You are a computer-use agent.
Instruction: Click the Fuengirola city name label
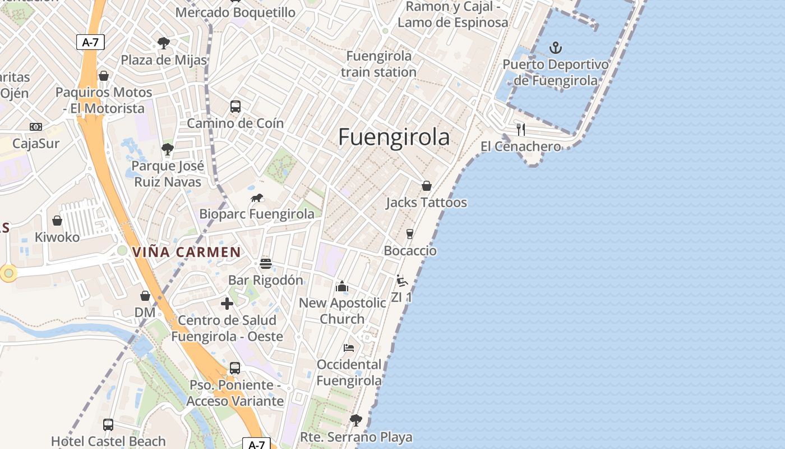click(394, 137)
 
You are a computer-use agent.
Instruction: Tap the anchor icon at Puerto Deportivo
click(556, 47)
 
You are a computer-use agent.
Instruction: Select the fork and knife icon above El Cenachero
click(521, 130)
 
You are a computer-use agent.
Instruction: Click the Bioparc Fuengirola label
click(257, 214)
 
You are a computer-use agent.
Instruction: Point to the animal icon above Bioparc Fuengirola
click(257, 198)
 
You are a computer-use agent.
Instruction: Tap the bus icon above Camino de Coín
click(235, 106)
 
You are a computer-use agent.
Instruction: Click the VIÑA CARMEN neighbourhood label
click(187, 252)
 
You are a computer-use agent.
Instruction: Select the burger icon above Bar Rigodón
click(266, 263)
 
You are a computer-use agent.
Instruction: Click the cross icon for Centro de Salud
click(227, 304)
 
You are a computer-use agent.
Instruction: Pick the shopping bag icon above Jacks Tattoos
click(427, 186)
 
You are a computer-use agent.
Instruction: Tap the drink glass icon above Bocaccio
click(410, 233)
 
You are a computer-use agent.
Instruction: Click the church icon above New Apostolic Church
click(342, 287)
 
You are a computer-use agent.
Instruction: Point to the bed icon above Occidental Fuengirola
click(349, 348)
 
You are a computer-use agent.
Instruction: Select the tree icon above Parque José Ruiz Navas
click(167, 149)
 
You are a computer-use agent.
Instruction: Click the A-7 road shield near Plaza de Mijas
click(90, 42)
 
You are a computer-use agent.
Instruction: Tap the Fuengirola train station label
click(378, 64)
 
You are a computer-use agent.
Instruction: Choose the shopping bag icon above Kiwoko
click(57, 221)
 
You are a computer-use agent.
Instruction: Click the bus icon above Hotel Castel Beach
click(108, 425)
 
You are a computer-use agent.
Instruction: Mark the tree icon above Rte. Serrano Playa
click(356, 420)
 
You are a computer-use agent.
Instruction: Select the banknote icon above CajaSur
click(36, 127)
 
